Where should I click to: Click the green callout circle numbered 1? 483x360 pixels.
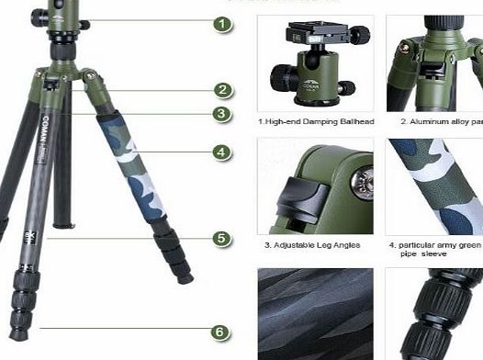[x=221, y=24]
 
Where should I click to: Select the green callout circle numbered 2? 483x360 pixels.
[x=221, y=90]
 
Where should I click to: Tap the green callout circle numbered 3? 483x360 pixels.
[x=221, y=114]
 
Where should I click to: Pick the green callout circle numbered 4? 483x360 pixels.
[x=221, y=152]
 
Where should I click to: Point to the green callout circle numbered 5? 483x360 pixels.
[x=221, y=239]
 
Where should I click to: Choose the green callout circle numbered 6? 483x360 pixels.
[x=221, y=332]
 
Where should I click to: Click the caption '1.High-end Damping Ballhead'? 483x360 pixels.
[x=314, y=120]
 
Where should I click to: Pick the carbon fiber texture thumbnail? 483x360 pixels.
[x=315, y=313]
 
